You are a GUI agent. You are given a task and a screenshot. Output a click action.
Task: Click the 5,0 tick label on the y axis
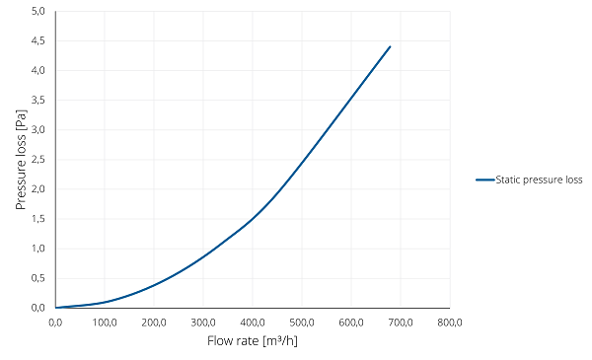pos(38,11)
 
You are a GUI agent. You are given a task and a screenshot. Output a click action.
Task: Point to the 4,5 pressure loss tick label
pos(38,40)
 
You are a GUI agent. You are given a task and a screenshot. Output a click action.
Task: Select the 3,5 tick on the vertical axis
pos(38,100)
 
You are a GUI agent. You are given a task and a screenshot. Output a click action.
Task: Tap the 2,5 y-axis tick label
pos(38,159)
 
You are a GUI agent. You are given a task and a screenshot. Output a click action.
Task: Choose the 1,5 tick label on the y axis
pos(38,219)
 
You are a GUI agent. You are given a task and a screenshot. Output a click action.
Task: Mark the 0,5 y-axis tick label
pos(38,278)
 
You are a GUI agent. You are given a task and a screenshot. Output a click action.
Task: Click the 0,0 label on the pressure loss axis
pos(38,308)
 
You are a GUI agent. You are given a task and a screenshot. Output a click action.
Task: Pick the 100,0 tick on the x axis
pos(105,323)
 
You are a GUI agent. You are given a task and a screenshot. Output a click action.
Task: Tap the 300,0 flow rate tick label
pos(203,323)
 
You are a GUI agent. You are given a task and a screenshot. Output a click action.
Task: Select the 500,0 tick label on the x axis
pos(302,323)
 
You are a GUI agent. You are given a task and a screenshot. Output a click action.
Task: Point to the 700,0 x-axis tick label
pos(401,323)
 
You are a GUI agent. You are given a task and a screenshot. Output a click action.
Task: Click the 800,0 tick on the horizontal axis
pos(450,323)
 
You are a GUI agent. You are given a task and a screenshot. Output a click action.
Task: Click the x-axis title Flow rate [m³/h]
pos(253,340)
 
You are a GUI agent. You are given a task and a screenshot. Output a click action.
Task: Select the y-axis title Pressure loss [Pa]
pos(21,160)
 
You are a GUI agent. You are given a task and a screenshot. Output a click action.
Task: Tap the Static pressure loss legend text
pos(539,180)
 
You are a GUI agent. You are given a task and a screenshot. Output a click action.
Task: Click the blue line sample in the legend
pos(485,180)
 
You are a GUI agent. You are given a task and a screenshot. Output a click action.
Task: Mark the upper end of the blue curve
pos(390,46)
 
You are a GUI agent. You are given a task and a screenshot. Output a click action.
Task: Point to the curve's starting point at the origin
pos(56,308)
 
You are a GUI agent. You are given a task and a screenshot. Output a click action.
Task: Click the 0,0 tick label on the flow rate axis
pos(55,323)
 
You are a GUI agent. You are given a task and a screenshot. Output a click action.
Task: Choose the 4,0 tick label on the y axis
pos(38,71)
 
